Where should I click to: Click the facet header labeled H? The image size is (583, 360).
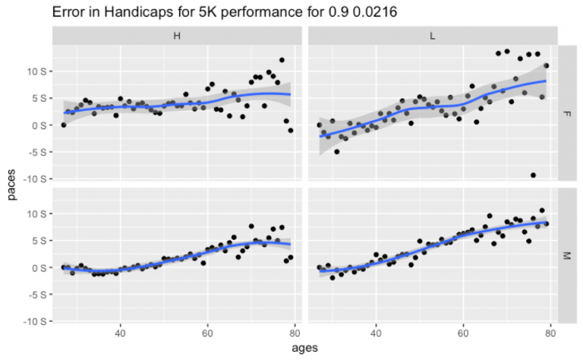tap(176, 36)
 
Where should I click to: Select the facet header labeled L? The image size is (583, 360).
tap(432, 36)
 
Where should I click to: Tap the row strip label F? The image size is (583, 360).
tap(566, 113)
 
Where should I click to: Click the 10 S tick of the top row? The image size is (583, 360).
tap(36, 71)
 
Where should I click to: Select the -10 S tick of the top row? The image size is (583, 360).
tap(33, 179)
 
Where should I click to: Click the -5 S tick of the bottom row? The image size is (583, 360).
tap(36, 295)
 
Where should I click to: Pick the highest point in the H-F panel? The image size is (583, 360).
tap(282, 60)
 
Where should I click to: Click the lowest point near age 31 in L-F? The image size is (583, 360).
tap(336, 151)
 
